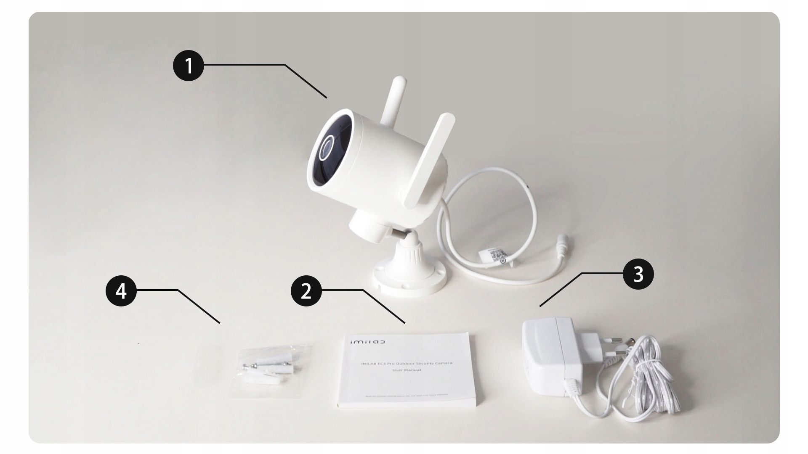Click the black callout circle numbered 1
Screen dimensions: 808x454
tap(189, 66)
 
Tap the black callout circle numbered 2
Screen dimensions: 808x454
tap(306, 291)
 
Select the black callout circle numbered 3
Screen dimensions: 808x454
tap(638, 275)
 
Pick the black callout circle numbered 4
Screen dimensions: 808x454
tap(121, 291)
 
